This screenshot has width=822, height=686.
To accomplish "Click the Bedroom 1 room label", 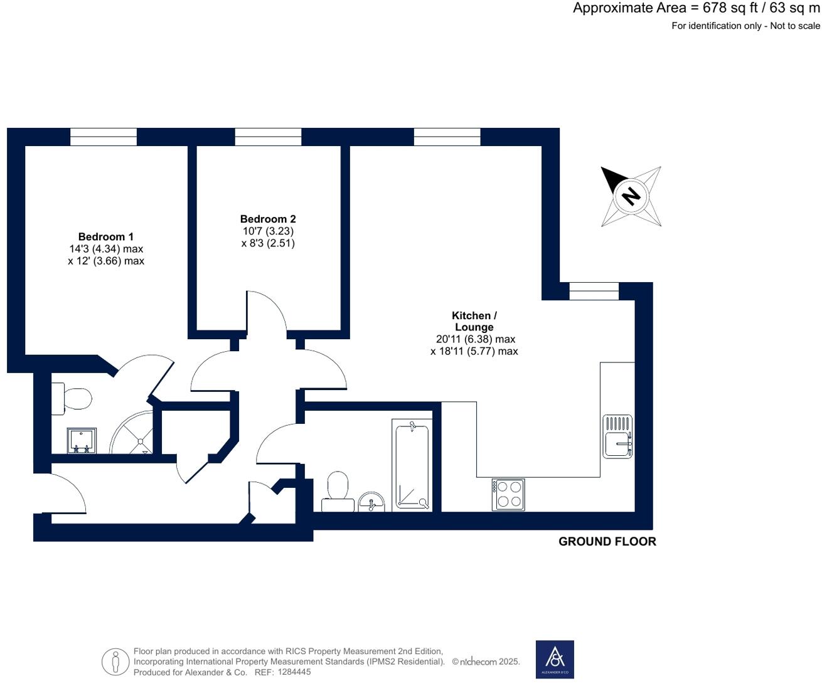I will tap(105, 236).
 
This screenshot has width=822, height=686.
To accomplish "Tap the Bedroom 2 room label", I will tap(268, 219).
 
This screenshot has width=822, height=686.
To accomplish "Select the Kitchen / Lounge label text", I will tap(474, 321).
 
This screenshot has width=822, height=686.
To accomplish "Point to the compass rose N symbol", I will tap(631, 196).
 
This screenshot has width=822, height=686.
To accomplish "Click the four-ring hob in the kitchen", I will tap(508, 494).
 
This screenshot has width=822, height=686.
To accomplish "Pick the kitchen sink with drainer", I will tap(617, 436).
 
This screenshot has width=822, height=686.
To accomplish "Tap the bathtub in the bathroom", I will tap(411, 465).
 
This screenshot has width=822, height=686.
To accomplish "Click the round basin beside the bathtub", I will tap(372, 502).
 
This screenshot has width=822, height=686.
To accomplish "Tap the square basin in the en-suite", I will tap(82, 440).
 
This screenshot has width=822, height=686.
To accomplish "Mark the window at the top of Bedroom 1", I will tap(103, 137).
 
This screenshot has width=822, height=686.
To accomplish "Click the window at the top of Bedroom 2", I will tap(268, 137).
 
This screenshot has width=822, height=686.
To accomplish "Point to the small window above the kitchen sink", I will tap(594, 291).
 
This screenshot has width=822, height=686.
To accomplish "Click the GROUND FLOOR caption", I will tap(607, 542).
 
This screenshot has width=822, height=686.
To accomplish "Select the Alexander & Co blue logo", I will tap(555, 659).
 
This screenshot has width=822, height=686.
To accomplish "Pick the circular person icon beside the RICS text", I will tap(115, 662).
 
